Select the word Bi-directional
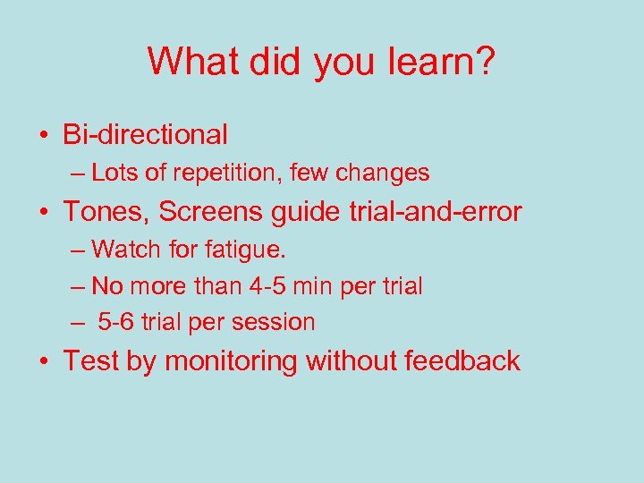[x=145, y=134]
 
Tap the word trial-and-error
[x=427, y=212]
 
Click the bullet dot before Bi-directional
[x=43, y=136]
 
